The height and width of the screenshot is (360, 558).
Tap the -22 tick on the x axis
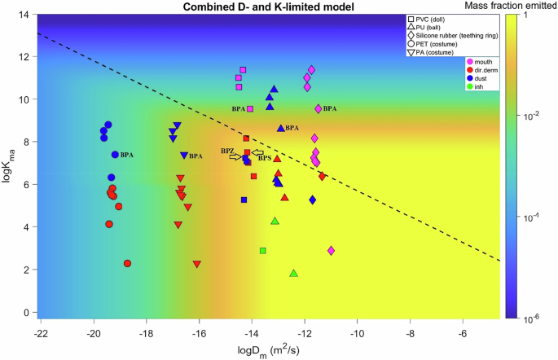[x=39, y=333]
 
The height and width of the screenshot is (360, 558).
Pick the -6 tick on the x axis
[x=463, y=333]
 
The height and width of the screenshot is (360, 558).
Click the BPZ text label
[x=227, y=151]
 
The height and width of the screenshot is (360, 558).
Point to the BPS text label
[x=265, y=158]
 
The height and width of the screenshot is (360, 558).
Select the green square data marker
[x=262, y=251]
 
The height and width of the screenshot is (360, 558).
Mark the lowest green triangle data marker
[x=293, y=273]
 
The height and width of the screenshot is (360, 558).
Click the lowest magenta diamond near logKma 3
[x=331, y=251]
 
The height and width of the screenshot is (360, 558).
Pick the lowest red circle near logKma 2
[x=127, y=263]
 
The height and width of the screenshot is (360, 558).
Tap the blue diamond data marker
[x=312, y=200]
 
